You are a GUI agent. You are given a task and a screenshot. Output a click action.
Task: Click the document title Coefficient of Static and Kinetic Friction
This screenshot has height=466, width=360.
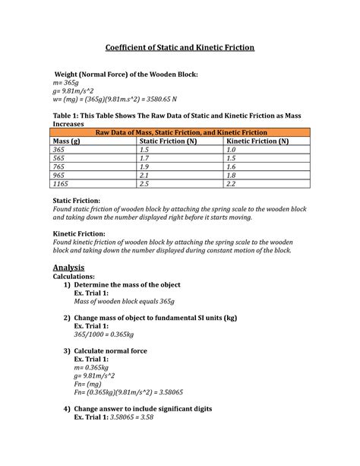(179, 48)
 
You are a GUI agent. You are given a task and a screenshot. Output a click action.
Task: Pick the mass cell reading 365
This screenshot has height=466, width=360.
(58, 151)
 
